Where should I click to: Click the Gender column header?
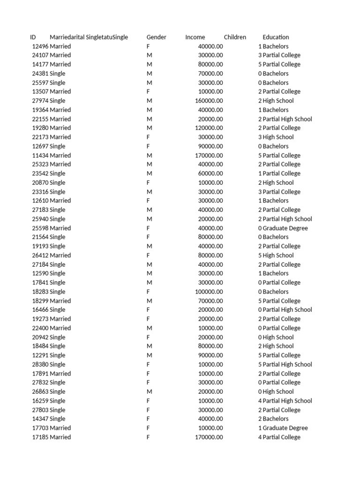[x=156, y=37]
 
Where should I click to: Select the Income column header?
[x=195, y=37]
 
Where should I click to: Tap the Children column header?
[x=235, y=37]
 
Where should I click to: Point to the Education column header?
[x=276, y=37]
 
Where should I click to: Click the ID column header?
[x=33, y=37]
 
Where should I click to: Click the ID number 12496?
[x=40, y=46]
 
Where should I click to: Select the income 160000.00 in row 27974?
[x=209, y=101]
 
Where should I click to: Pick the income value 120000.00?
[x=209, y=128]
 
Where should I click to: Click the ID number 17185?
[x=40, y=437]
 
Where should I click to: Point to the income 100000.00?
[x=209, y=292]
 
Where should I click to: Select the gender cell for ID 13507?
[x=148, y=92]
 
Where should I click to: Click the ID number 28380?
[x=40, y=365]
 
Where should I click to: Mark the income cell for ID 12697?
[x=211, y=146]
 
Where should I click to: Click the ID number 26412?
[x=40, y=255]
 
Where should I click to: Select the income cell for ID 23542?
[x=211, y=173]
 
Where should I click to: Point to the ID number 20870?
[x=40, y=183]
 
